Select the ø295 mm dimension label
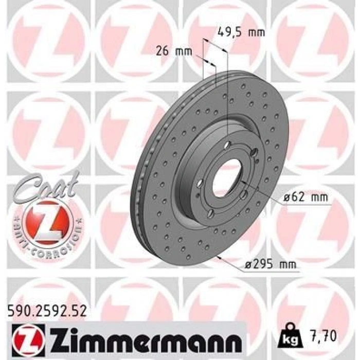tap(271, 264)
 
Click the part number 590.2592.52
tap(46, 310)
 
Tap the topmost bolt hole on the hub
tap(227, 145)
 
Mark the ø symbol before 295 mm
tap(249, 265)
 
